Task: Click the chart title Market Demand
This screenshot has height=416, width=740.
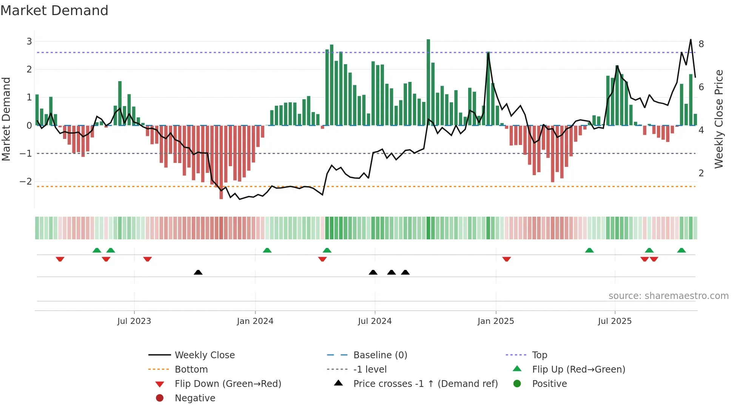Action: pyautogui.click(x=54, y=11)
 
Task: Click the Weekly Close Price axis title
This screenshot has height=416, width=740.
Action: pyautogui.click(x=719, y=119)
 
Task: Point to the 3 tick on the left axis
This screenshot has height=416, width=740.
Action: pyautogui.click(x=29, y=42)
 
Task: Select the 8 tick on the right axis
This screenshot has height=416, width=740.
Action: pyautogui.click(x=701, y=44)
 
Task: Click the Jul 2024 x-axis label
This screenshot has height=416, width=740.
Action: pyautogui.click(x=375, y=321)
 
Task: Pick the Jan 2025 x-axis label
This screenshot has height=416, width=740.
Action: pyautogui.click(x=495, y=321)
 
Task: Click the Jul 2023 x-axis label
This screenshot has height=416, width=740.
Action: pyautogui.click(x=134, y=321)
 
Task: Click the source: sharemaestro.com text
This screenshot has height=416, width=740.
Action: pyautogui.click(x=668, y=296)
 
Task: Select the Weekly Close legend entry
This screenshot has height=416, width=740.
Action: pyautogui.click(x=204, y=355)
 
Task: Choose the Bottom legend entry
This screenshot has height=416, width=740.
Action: pyautogui.click(x=191, y=370)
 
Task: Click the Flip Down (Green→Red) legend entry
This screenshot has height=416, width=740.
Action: pyautogui.click(x=228, y=384)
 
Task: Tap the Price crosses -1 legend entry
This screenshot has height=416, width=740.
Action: pyautogui.click(x=425, y=384)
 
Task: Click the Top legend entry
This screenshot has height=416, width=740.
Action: pyautogui.click(x=540, y=355)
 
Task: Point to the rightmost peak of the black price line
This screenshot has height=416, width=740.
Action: pyautogui.click(x=691, y=40)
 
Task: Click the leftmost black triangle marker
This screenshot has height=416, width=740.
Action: pyautogui.click(x=198, y=272)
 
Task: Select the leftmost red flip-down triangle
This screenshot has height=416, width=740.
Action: pyautogui.click(x=60, y=259)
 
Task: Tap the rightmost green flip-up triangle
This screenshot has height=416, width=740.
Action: pyautogui.click(x=681, y=250)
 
